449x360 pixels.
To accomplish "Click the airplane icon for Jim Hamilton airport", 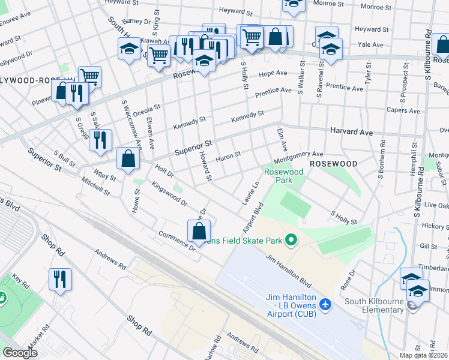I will (325, 304).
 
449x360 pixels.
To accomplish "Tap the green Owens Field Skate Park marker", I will (292, 241).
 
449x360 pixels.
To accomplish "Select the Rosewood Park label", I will (284, 176).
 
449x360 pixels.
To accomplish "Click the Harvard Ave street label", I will (351, 131).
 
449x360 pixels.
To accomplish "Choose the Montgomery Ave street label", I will (298, 158).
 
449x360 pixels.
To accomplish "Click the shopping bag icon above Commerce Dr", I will (199, 231).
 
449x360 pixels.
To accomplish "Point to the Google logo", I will (20, 353).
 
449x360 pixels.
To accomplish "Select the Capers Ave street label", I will (403, 110).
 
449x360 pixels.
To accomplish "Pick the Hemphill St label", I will (412, 163).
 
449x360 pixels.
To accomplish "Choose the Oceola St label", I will (147, 111).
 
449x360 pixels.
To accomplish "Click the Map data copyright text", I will (415, 355).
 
